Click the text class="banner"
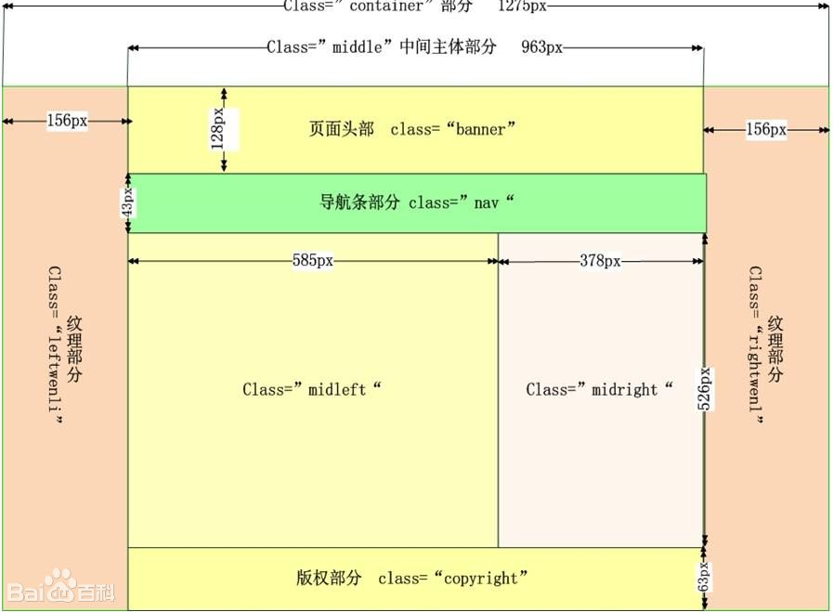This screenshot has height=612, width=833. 452,129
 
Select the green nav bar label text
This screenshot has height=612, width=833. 416,202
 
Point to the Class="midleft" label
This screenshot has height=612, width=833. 312,389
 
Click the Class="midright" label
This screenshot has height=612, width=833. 599,389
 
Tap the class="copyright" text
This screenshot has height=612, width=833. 453,578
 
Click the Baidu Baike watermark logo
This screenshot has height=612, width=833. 59,589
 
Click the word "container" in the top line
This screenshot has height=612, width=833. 386,7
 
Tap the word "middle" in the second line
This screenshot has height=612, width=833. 358,46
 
